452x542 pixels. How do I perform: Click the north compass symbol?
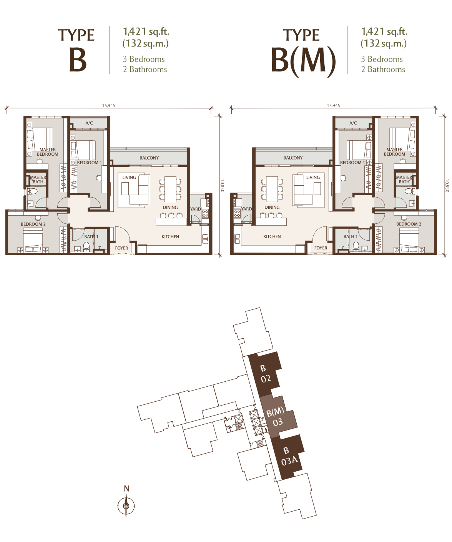(x=126, y=506)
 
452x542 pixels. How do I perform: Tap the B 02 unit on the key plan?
(x=265, y=374)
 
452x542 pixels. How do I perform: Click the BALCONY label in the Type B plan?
(x=149, y=158)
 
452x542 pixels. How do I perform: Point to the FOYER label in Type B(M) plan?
(x=321, y=248)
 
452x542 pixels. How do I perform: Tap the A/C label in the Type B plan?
(x=89, y=123)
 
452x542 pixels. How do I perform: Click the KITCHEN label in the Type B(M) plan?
(x=272, y=236)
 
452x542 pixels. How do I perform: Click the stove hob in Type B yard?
(x=205, y=213)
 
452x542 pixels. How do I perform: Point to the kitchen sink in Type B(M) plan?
(x=237, y=239)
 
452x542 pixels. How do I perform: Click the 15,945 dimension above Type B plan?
(x=108, y=106)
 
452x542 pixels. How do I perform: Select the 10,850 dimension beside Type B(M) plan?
(x=447, y=186)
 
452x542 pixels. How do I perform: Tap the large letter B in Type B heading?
(x=78, y=60)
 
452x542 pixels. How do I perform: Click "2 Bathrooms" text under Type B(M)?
(x=383, y=69)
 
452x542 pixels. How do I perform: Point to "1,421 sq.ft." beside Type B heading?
(x=146, y=32)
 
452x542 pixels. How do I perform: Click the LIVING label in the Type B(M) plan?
(x=313, y=177)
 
